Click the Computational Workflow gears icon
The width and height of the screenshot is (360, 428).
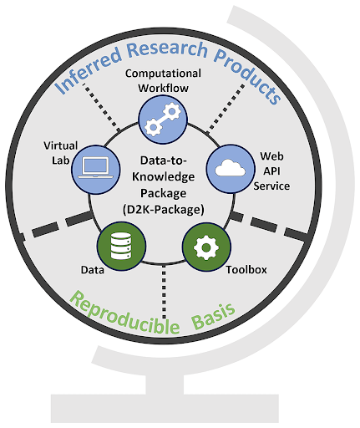point(163,120)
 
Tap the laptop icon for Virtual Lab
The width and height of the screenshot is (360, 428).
point(96,170)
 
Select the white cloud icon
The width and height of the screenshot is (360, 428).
point(231,169)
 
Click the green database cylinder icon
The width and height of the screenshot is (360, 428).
point(121,246)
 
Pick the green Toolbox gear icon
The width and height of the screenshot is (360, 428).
point(206,247)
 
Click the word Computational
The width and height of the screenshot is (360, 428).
point(163,74)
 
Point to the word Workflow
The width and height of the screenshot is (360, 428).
point(164,88)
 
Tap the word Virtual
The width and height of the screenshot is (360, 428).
point(61,145)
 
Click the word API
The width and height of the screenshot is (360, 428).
point(271,171)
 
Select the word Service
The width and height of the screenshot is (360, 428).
point(271,186)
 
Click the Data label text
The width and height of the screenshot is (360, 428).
point(93,270)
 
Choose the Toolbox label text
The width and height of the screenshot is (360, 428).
point(246,269)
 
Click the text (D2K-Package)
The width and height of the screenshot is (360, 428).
point(164,209)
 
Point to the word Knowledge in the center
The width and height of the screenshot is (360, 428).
point(164,176)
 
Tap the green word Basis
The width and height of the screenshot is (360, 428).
point(214,316)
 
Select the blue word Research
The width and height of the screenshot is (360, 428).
point(167,49)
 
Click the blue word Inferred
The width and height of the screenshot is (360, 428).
point(88,69)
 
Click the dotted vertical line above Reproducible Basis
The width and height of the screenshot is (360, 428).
point(164,292)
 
